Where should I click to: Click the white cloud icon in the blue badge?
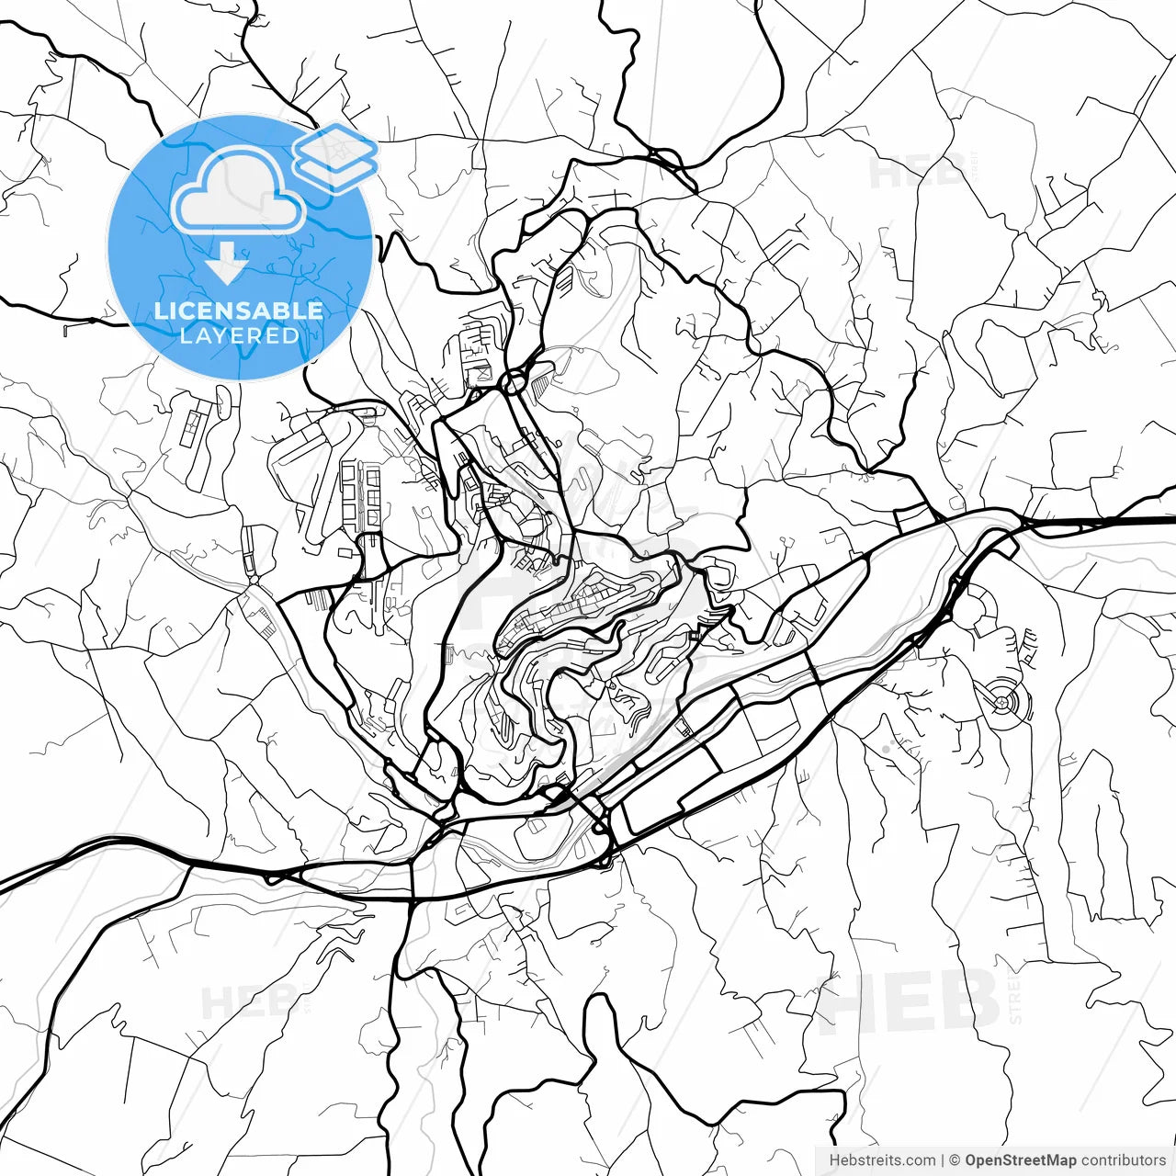click(239, 191)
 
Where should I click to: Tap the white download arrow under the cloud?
click(226, 266)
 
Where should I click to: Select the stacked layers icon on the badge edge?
click(335, 157)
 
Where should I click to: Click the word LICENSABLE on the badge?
click(239, 311)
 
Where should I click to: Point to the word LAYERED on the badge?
click(239, 335)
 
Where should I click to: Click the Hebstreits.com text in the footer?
click(882, 1160)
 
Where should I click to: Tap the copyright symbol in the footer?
click(955, 1160)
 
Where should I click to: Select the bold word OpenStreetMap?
click(1021, 1160)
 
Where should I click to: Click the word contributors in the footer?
click(1123, 1160)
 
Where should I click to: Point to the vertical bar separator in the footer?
click(943, 1160)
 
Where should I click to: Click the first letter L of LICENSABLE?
click(161, 311)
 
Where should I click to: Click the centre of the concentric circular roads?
click(1001, 704)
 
